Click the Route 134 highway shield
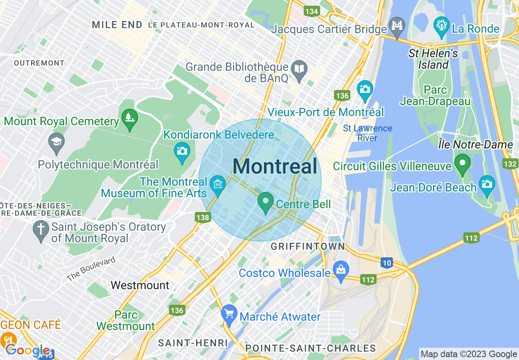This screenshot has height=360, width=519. click(x=312, y=11)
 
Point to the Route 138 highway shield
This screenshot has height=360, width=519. click(x=203, y=218)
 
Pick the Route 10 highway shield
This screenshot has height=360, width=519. click(x=387, y=263)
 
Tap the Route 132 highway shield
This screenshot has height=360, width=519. click(x=510, y=164)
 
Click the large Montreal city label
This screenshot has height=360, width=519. click(x=275, y=166)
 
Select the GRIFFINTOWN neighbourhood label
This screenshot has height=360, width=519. click(x=308, y=246)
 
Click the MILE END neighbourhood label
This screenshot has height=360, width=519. click(x=117, y=25)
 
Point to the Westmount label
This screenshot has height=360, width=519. click(x=140, y=285)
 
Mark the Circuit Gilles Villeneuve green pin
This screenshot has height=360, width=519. click(x=463, y=164)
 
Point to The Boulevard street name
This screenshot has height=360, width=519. click(x=91, y=269)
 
